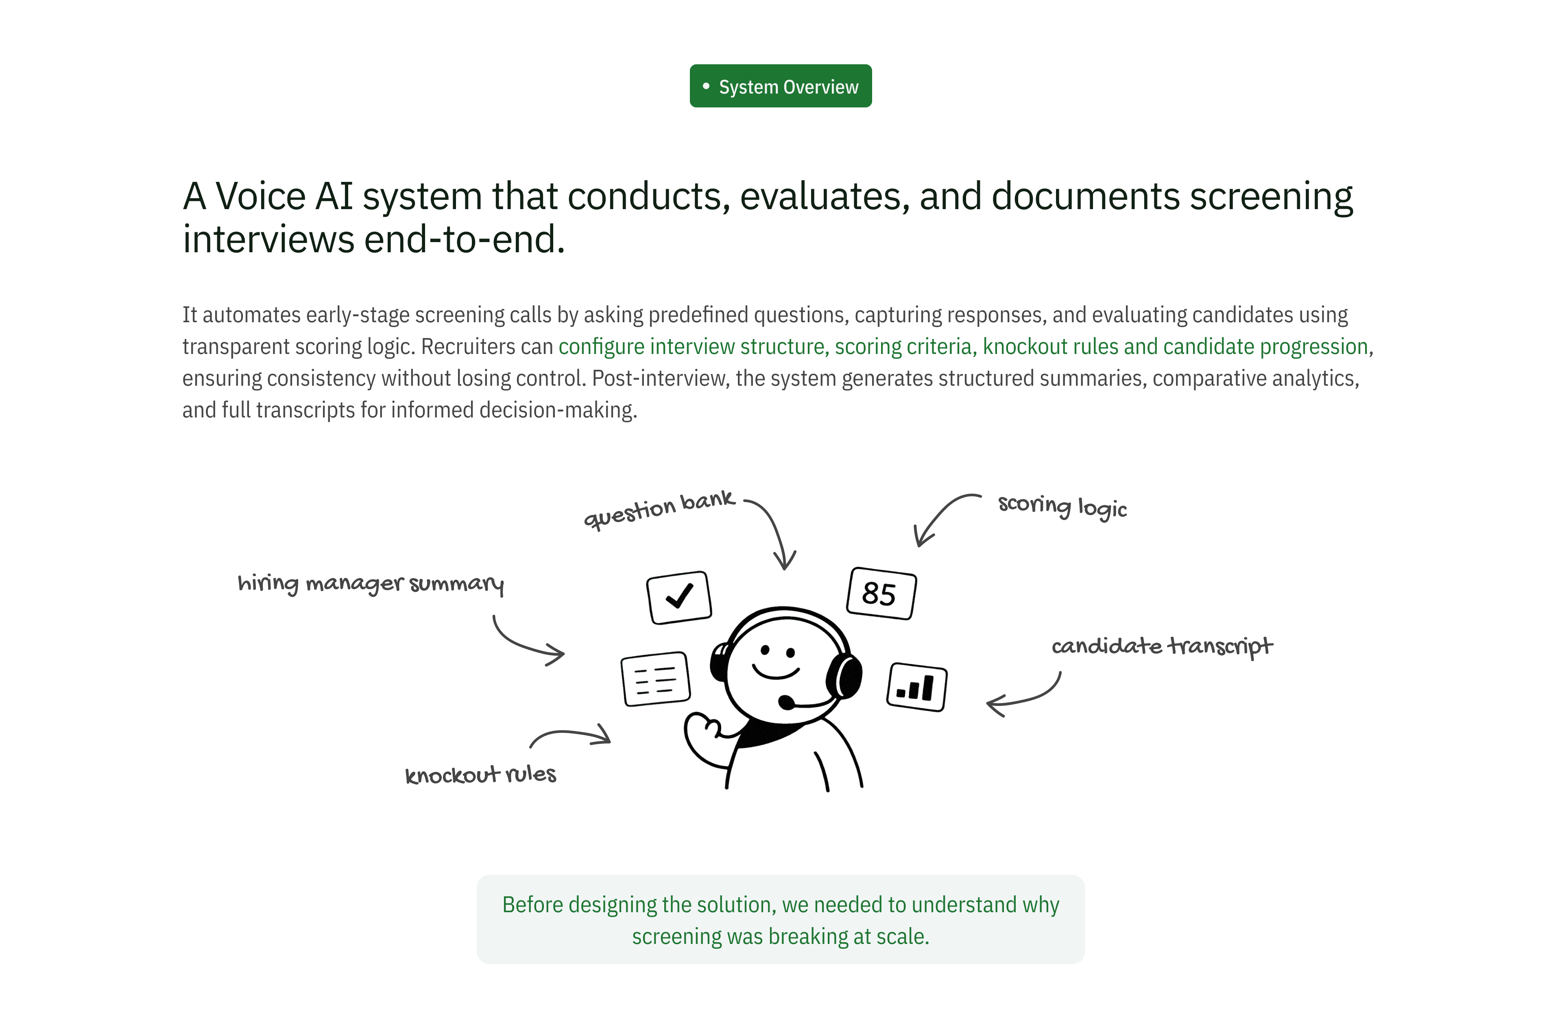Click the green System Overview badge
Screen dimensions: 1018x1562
click(x=780, y=86)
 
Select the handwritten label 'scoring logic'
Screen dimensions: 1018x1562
click(x=1062, y=506)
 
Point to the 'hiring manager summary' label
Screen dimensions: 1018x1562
click(x=370, y=583)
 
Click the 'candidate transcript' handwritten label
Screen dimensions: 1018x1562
click(x=1162, y=647)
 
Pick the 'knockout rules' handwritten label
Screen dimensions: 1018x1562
click(x=480, y=775)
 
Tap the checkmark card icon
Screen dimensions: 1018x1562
click(x=678, y=597)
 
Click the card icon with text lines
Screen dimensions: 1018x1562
click(x=655, y=679)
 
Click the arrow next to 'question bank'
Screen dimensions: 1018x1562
click(x=774, y=532)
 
